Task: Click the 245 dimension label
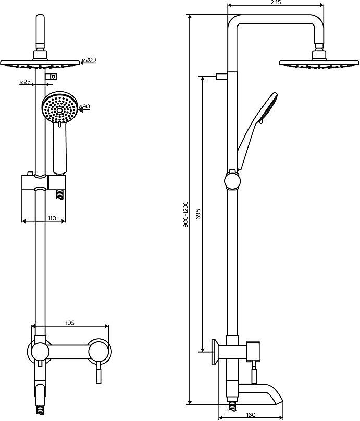coord(276,3)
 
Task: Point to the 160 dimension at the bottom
coord(251,416)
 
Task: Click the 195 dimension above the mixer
coord(70,323)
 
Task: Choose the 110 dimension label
coord(52,219)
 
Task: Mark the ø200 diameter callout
coord(89,60)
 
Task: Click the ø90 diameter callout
coord(85,107)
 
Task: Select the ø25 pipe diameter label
coord(24,82)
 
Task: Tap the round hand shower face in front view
coord(60,108)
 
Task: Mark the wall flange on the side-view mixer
coord(214,352)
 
